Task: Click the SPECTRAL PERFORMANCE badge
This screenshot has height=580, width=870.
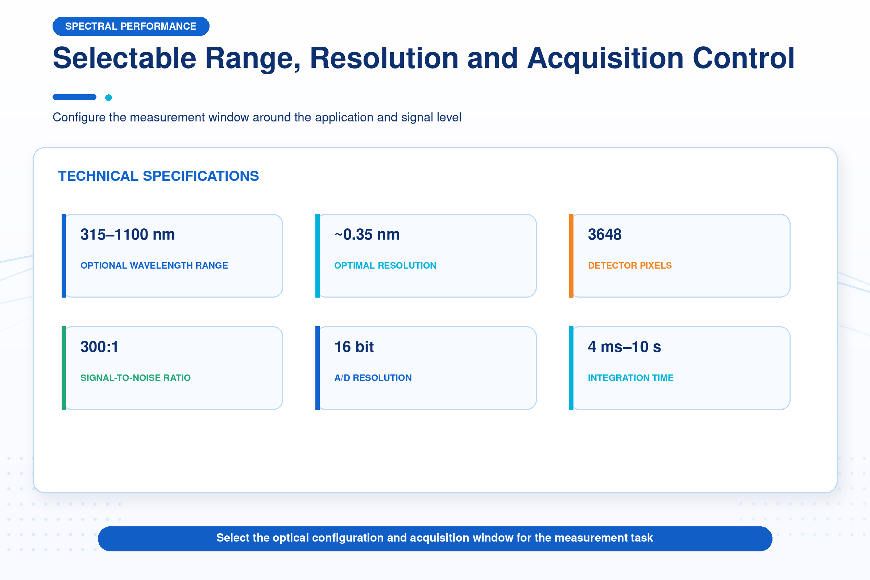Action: [x=131, y=26]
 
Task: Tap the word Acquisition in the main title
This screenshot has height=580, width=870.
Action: [x=605, y=58]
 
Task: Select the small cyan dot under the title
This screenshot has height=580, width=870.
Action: [x=108, y=98]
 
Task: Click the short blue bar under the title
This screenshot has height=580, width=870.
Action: [x=74, y=97]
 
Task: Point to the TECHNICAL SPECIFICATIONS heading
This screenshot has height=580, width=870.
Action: [x=158, y=176]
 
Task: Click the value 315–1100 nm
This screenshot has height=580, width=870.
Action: [x=128, y=235]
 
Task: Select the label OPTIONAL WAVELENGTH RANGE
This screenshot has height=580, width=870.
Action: [x=154, y=266]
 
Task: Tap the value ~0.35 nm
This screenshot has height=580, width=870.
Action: [x=367, y=235]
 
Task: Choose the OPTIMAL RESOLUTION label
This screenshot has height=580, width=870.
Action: [x=385, y=266]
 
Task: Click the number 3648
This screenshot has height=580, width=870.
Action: [x=605, y=235]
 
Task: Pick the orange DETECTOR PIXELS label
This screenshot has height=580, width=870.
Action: [x=630, y=266]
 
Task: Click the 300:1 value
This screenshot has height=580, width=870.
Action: [x=99, y=347]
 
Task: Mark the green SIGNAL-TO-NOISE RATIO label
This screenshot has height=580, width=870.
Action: [x=135, y=378]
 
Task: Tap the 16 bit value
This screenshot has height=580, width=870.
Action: [x=354, y=347]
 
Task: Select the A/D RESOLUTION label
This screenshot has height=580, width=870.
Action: [x=373, y=378]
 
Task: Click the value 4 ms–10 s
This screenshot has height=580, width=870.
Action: [x=624, y=347]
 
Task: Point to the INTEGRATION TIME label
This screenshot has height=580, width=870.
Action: [x=631, y=378]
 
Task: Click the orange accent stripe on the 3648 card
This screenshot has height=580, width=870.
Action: [x=571, y=256]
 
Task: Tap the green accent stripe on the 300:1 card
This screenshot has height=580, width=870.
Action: [x=64, y=368]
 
